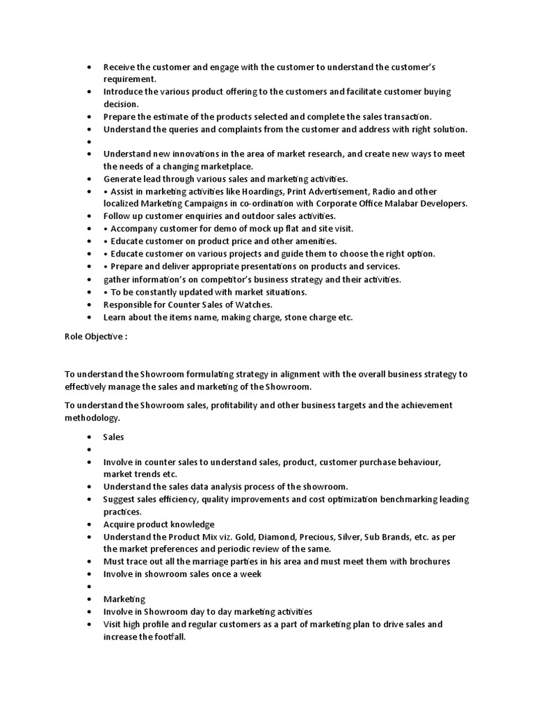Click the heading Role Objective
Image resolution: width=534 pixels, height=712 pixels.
[93, 337]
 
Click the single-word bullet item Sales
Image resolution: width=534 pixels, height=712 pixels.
[113, 437]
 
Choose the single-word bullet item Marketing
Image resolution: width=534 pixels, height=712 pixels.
[124, 599]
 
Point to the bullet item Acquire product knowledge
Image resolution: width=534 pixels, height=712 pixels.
[159, 524]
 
